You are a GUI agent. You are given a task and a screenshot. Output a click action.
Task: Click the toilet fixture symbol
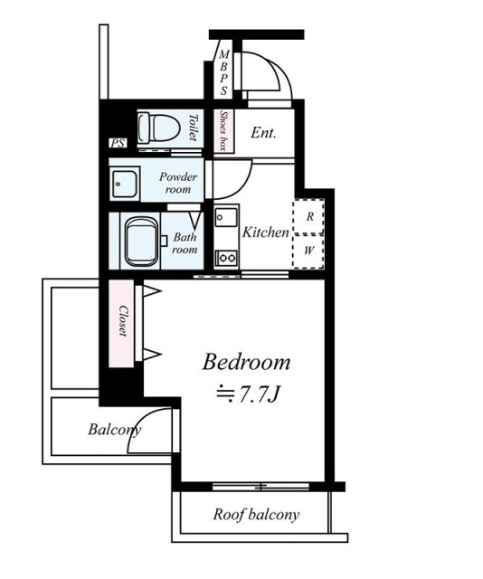158,128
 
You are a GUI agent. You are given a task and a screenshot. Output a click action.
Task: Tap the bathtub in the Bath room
141,242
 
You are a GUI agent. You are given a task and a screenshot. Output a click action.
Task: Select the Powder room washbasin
125,184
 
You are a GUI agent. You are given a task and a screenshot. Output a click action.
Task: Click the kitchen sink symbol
226,217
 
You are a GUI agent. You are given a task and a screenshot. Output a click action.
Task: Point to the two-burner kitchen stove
226,257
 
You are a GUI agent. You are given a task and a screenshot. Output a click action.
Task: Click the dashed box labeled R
308,216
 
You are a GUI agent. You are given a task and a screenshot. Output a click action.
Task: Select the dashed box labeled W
308,252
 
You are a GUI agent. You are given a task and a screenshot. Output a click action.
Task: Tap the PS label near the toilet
118,143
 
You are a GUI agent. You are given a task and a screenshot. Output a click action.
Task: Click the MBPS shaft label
223,72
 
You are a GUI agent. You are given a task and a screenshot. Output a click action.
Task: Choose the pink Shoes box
223,130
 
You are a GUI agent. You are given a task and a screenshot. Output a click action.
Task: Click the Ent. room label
263,133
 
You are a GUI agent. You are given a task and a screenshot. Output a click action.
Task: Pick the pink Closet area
121,324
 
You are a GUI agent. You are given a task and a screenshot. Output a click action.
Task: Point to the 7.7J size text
248,394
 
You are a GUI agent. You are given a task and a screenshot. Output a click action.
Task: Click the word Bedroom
246,362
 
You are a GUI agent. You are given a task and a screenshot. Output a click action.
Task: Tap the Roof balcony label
256,515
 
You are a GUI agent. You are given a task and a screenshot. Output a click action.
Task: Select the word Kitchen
266,233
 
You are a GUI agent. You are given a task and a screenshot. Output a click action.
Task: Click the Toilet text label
193,128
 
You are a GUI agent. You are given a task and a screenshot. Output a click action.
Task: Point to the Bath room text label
185,243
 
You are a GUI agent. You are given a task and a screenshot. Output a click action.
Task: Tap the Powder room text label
178,183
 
